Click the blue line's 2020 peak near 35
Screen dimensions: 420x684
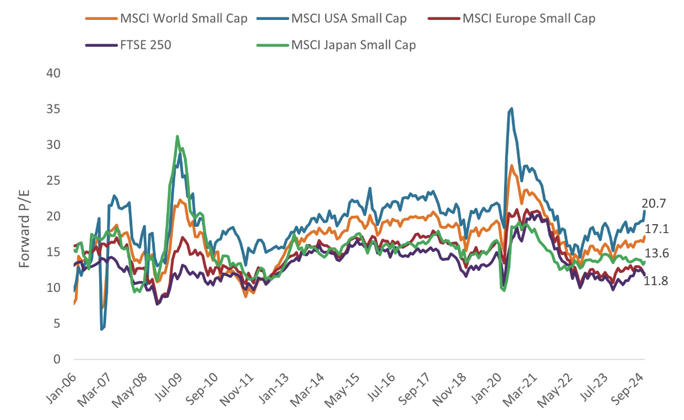[x=511, y=109]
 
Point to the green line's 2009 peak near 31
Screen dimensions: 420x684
[x=177, y=136]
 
